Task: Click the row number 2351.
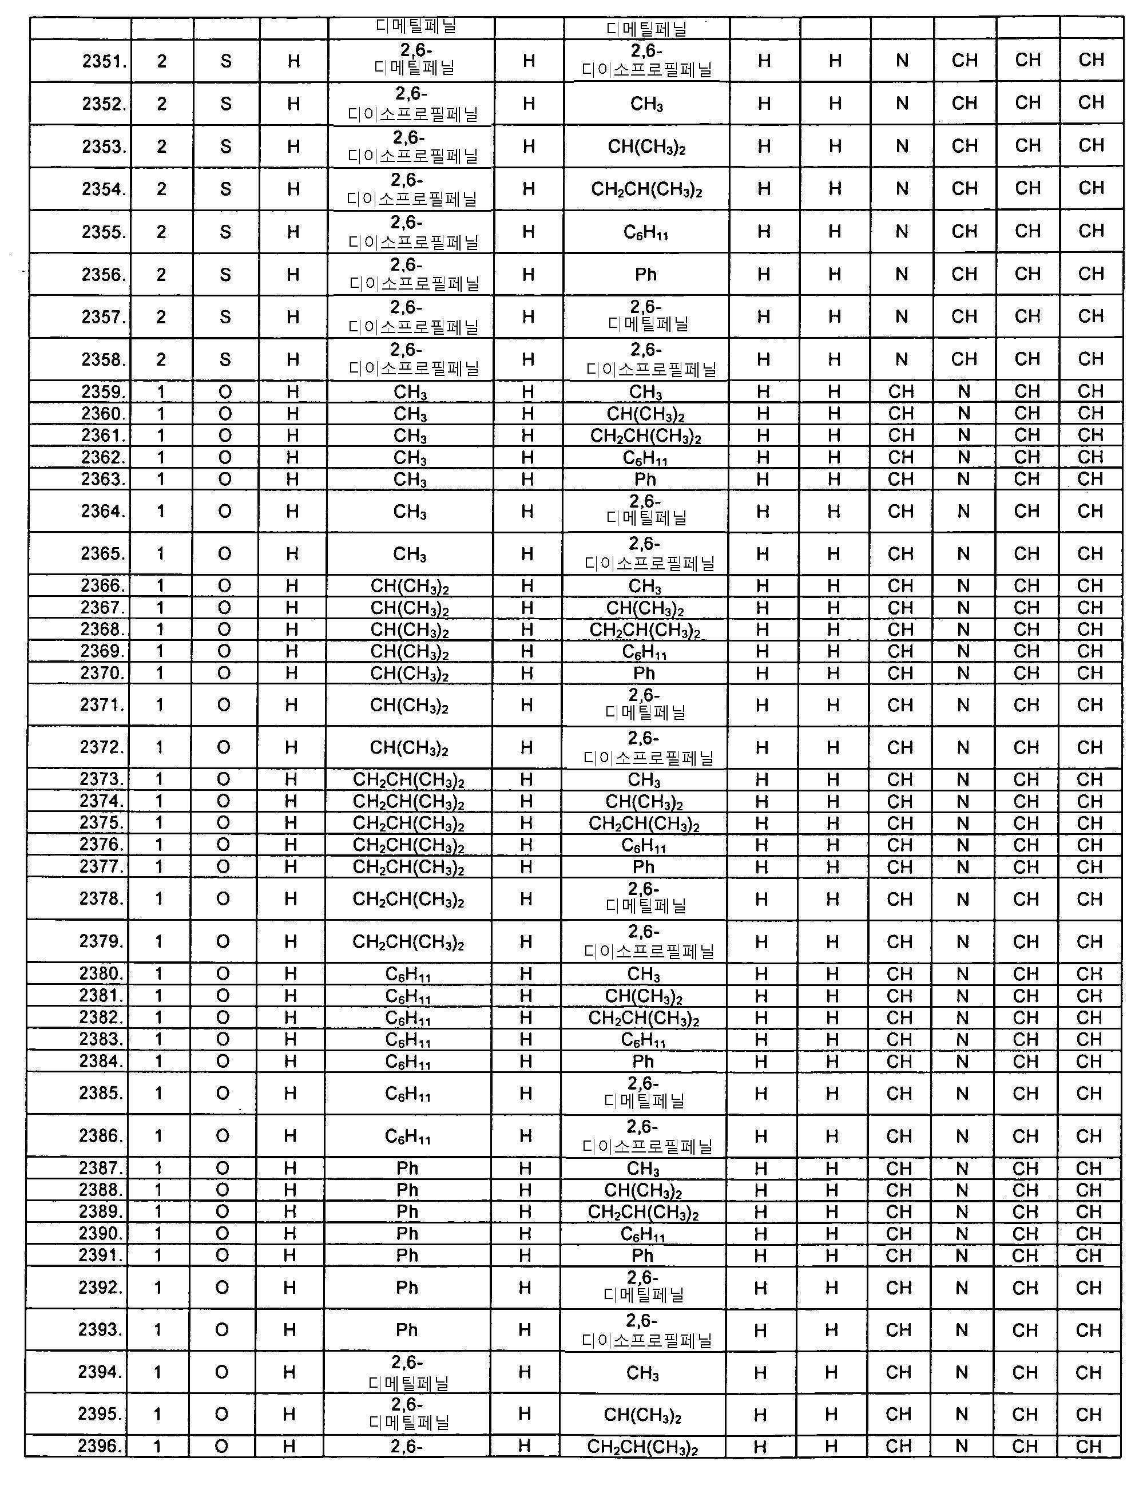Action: [104, 61]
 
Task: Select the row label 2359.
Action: [104, 392]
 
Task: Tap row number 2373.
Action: [102, 779]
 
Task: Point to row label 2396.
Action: [100, 1446]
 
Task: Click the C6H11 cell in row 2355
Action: [646, 233]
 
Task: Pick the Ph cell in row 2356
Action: [646, 275]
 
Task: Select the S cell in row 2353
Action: [226, 147]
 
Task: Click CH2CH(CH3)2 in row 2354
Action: [646, 189]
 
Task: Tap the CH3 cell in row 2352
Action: [646, 104]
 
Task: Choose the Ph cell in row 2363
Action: [644, 480]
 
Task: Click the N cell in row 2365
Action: [963, 554]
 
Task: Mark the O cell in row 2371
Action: [224, 705]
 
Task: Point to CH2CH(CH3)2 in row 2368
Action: [644, 630]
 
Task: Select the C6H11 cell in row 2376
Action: [644, 845]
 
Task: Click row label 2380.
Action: [101, 974]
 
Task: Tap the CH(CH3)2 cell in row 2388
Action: [643, 1190]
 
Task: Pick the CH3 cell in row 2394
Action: [642, 1373]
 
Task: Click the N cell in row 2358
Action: [902, 359]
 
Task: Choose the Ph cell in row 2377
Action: [644, 867]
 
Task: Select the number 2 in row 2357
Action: [161, 317]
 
